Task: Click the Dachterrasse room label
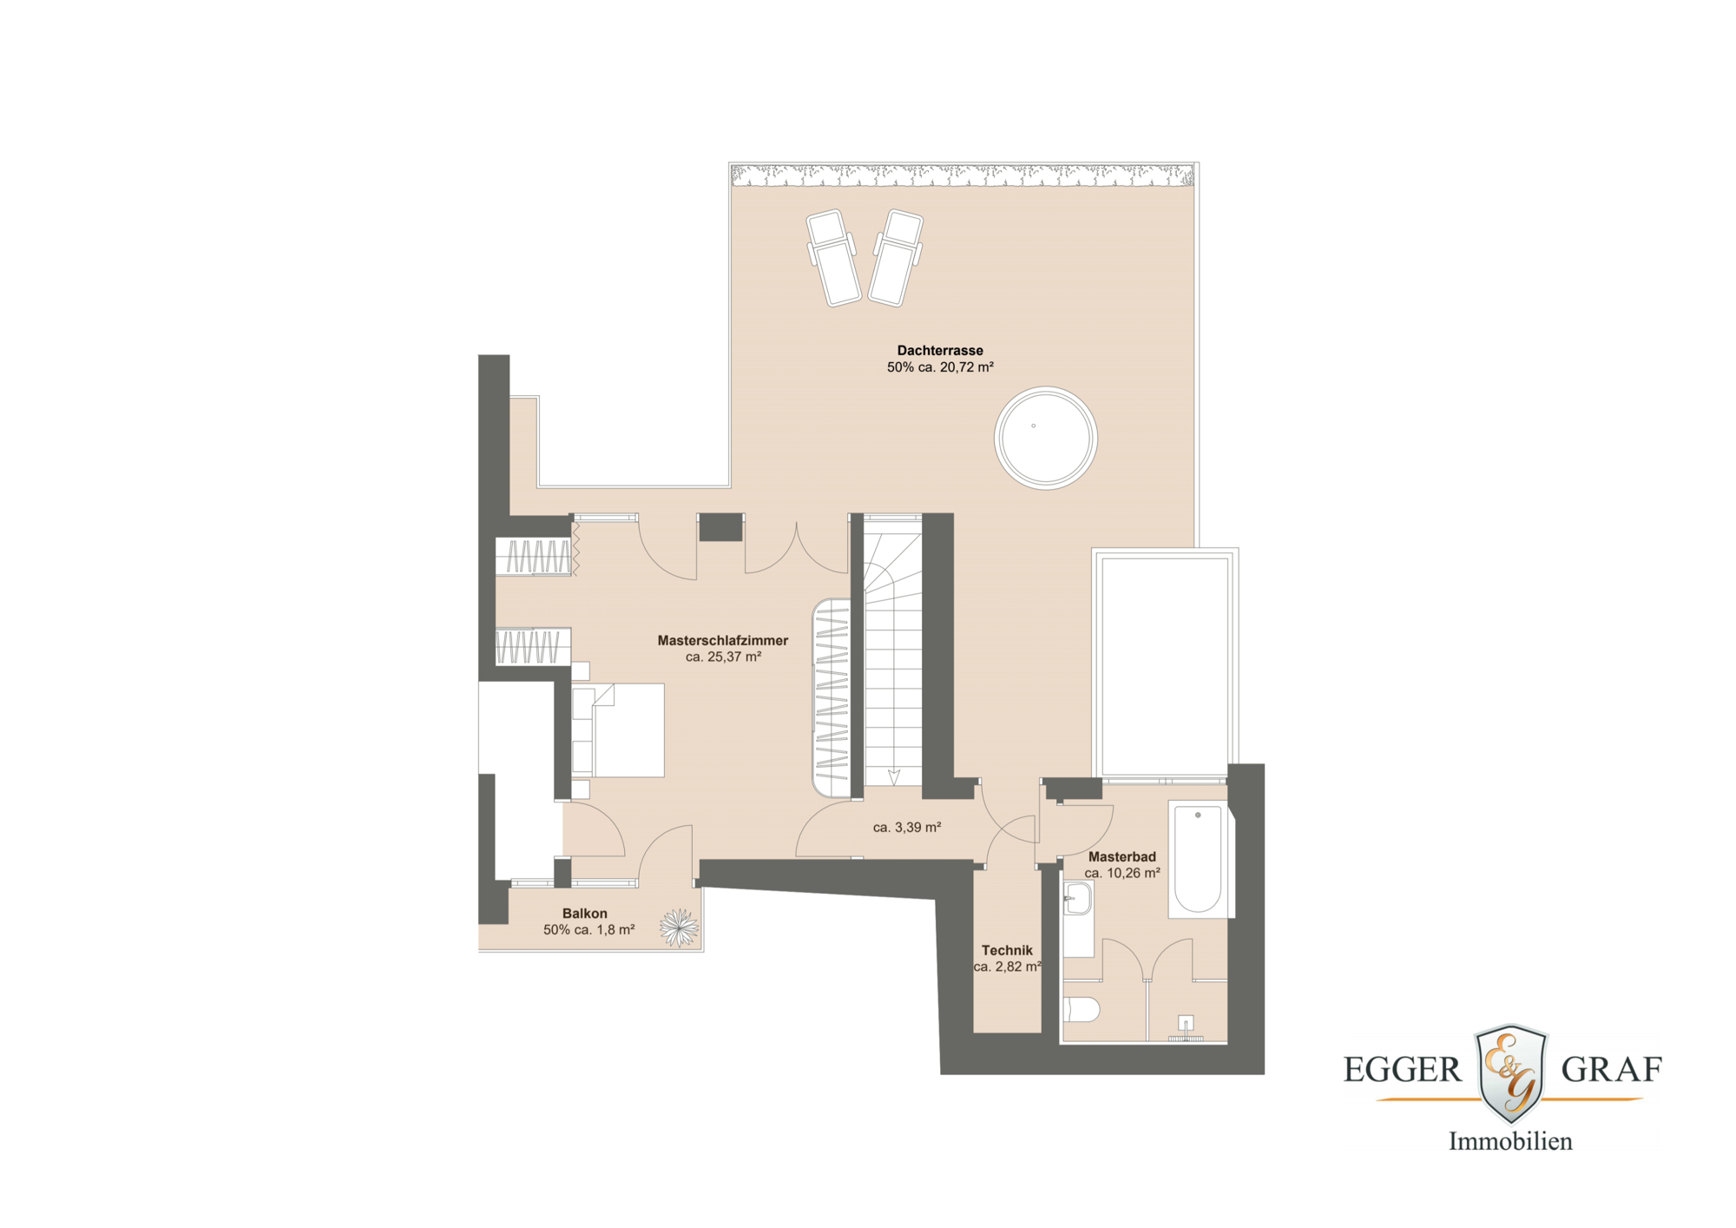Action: (940, 351)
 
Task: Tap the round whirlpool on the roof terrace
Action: (1045, 438)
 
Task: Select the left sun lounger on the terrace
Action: (833, 258)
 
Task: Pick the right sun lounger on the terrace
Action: (897, 258)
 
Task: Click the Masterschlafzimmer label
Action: (722, 641)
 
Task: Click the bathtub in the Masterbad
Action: (1198, 858)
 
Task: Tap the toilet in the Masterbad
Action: (1082, 1009)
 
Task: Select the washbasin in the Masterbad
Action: (1077, 900)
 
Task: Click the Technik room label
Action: (1007, 951)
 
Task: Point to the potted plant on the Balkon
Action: (679, 928)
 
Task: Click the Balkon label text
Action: (584, 914)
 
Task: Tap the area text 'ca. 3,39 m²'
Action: (907, 828)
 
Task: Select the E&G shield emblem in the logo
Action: (1511, 1073)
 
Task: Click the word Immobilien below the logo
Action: (1510, 1141)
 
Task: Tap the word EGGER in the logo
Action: (1402, 1070)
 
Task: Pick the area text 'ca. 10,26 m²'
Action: (1121, 874)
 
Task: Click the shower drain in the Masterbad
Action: (1186, 1023)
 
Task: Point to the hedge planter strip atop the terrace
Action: (962, 176)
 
